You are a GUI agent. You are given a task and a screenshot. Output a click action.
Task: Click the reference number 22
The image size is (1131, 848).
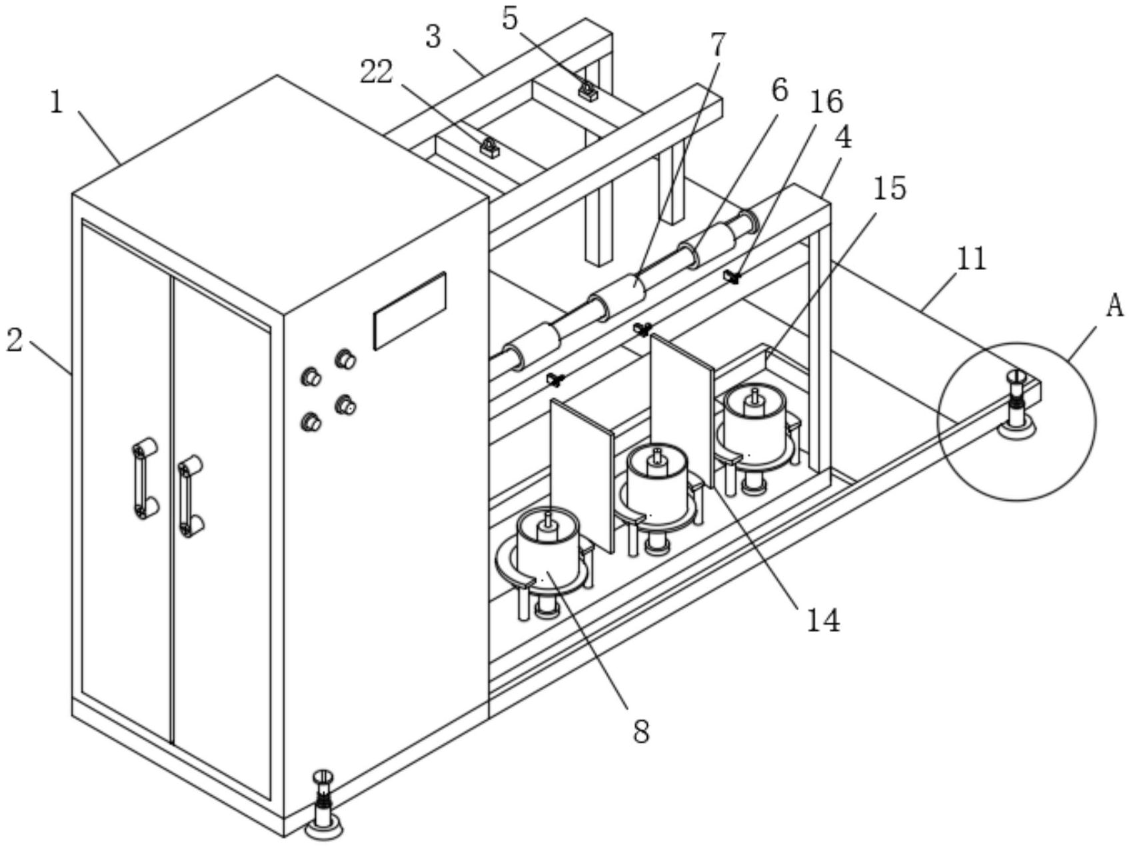[377, 72]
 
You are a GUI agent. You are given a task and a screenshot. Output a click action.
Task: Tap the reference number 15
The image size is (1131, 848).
[890, 189]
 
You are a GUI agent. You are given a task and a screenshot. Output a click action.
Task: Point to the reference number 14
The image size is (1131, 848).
[823, 620]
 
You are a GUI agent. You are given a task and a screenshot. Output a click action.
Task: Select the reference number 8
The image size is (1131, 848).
[640, 732]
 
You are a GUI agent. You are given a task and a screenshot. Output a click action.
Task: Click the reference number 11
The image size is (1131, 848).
[970, 259]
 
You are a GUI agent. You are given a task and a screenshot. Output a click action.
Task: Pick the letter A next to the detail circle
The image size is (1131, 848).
[1114, 307]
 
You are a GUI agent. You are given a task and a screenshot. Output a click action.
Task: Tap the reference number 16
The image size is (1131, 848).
[826, 101]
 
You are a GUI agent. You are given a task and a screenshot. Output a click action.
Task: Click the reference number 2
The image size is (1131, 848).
[15, 340]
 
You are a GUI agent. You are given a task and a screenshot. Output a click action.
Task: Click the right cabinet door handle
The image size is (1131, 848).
[190, 496]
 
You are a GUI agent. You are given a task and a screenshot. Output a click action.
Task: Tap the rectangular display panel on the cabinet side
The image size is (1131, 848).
[409, 311]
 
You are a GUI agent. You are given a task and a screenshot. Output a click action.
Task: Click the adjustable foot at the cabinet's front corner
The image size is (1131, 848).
[323, 805]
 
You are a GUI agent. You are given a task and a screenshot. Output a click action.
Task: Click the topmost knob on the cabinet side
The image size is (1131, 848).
[345, 359]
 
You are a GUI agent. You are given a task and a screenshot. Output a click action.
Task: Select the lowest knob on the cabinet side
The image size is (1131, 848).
[311, 421]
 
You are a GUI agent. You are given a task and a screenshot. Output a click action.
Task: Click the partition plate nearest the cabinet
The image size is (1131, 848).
[582, 475]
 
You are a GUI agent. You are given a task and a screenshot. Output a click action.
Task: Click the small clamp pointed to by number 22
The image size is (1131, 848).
[490, 147]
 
